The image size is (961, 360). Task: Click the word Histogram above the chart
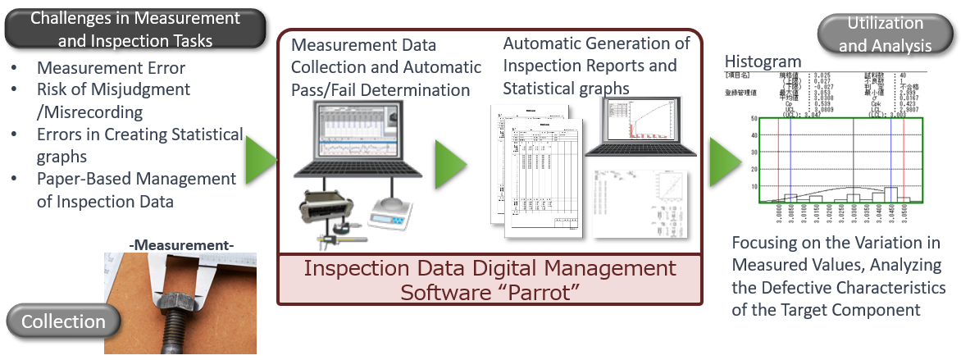[763, 62]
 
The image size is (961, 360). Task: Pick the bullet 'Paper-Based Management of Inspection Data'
[136, 189]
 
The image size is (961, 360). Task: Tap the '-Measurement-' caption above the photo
[182, 244]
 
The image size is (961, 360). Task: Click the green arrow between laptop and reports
[449, 159]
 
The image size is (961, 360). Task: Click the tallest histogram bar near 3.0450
[890, 194]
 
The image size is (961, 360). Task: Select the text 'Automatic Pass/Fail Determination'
[386, 78]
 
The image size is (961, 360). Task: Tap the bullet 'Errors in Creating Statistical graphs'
[139, 144]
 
